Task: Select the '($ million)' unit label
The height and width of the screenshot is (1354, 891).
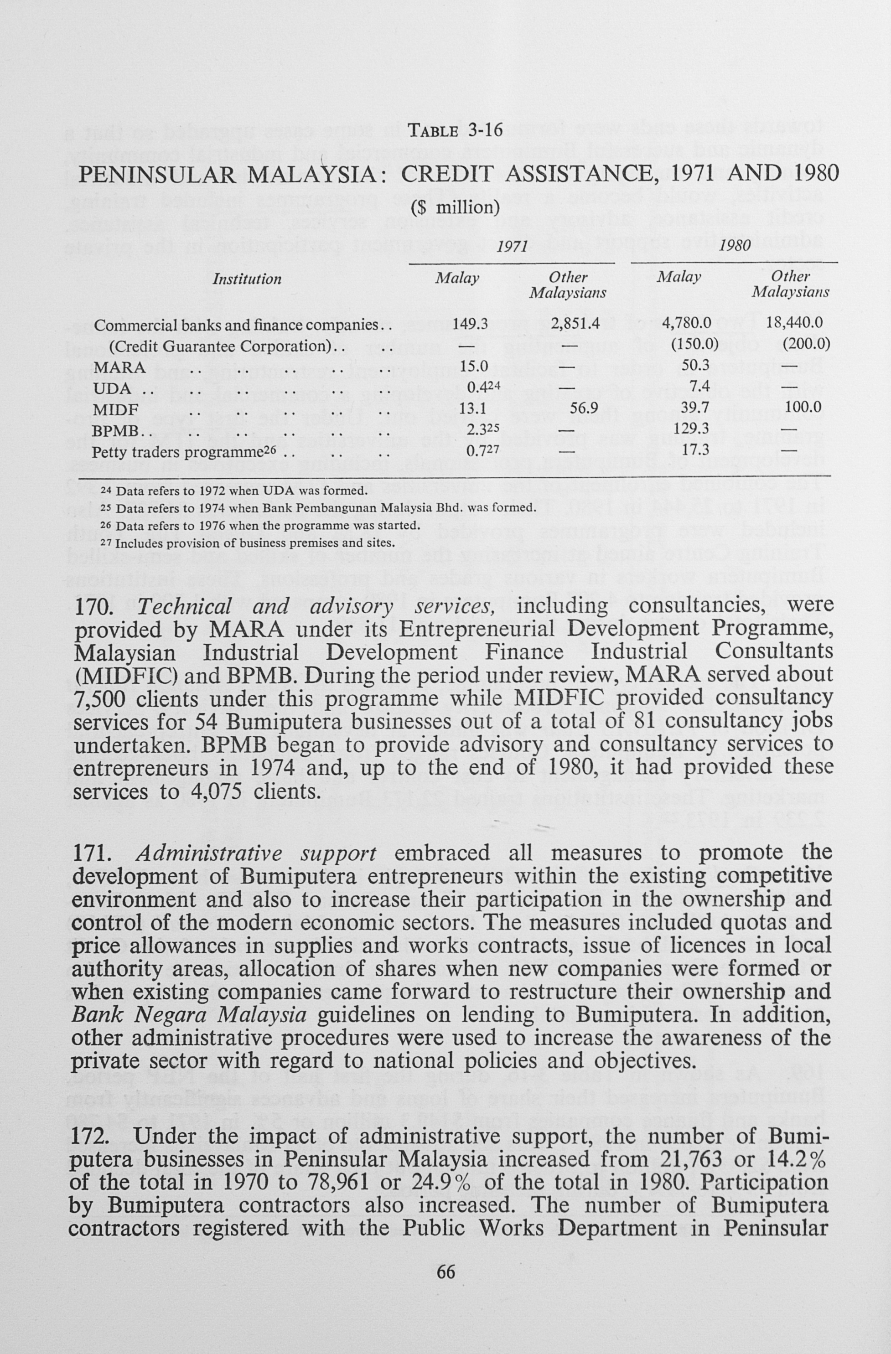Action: click(x=455, y=207)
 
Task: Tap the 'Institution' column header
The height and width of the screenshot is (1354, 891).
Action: click(x=247, y=279)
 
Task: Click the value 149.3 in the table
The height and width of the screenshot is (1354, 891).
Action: click(x=470, y=324)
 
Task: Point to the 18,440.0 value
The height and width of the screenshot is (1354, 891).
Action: click(x=795, y=324)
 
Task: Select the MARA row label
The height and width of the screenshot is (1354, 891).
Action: click(x=119, y=367)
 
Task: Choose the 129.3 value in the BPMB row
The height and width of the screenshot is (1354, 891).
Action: click(x=690, y=429)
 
